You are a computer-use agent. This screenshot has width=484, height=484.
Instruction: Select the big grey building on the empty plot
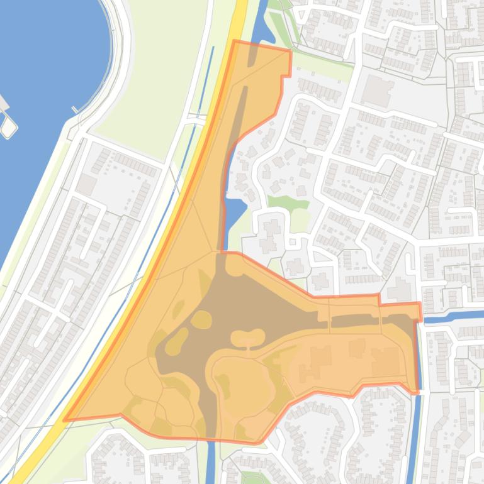378,91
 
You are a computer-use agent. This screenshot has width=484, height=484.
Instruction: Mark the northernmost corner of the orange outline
234,41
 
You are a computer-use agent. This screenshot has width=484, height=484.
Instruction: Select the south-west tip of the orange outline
65,420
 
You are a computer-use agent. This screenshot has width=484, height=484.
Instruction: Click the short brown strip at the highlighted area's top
252,56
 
